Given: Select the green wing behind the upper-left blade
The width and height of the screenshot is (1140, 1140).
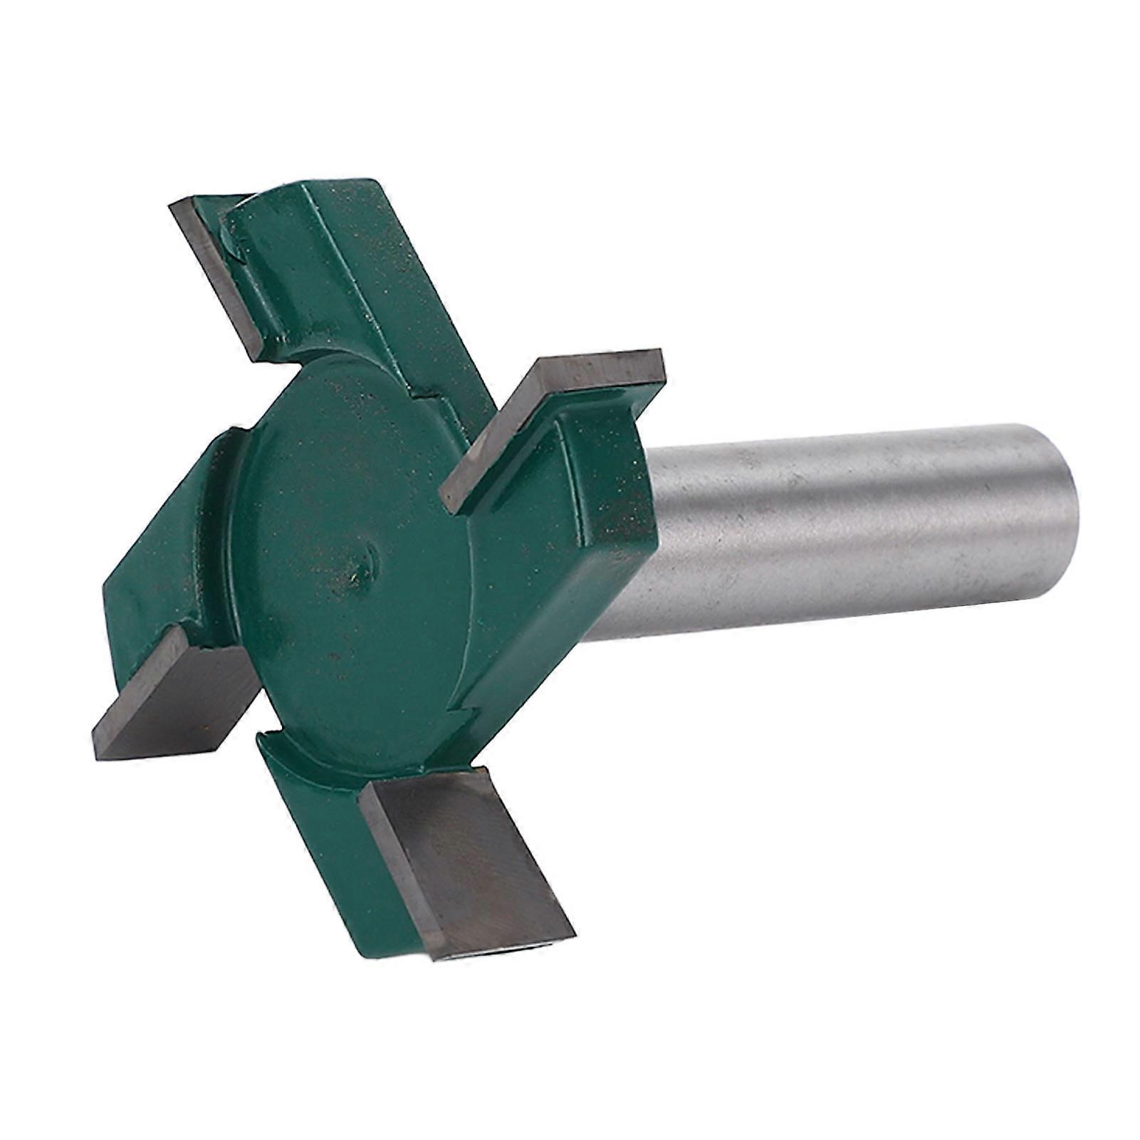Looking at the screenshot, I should coord(342,271).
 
